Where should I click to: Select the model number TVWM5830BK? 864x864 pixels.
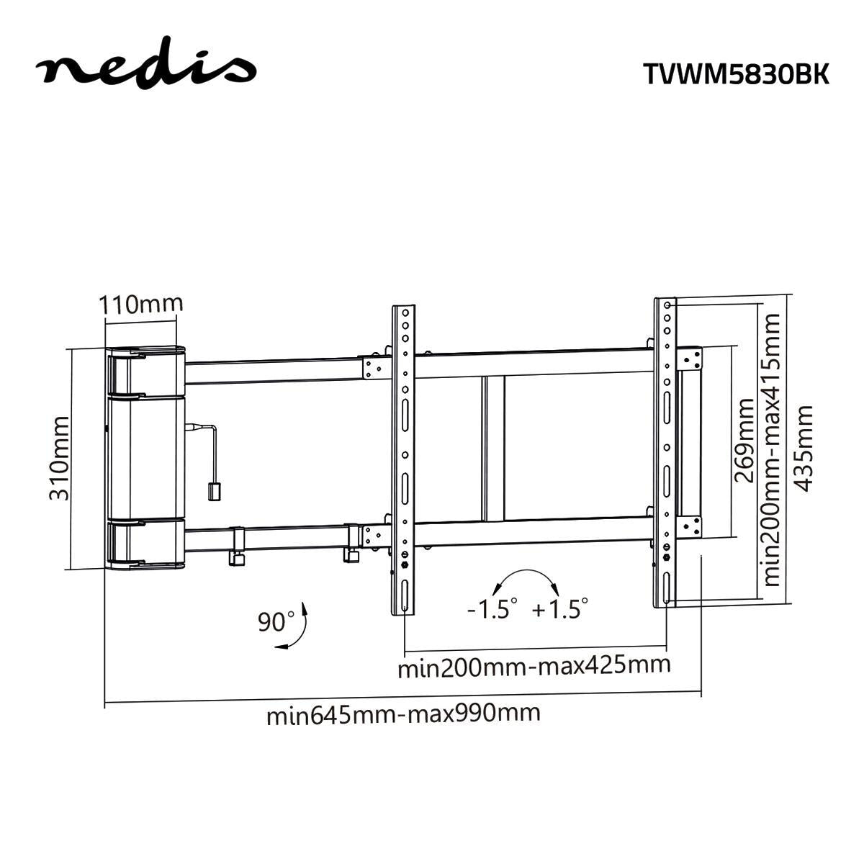735,74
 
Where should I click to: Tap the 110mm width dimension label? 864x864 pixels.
141,304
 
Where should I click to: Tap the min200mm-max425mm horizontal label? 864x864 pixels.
534,665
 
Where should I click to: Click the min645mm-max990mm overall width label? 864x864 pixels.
403,714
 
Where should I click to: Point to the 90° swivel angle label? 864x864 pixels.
276,621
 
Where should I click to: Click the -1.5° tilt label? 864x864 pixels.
492,609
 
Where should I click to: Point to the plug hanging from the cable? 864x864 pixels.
214,491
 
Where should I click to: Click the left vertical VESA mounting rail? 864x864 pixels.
405,461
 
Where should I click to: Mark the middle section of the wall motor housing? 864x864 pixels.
145,456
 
